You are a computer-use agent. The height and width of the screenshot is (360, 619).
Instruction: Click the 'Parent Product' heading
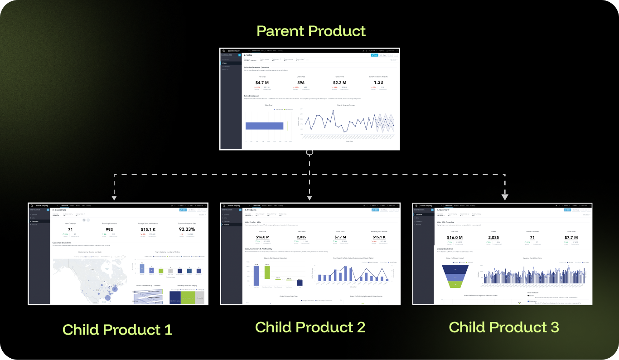[x=311, y=31]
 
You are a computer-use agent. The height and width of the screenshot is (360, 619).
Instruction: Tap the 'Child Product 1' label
[x=117, y=329]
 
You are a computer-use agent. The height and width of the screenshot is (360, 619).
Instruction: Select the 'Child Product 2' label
[x=310, y=327]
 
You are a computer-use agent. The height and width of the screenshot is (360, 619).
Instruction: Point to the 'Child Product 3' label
[x=503, y=327]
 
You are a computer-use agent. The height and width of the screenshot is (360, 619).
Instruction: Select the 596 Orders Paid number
[x=301, y=83]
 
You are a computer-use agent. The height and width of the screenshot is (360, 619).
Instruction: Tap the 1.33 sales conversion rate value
[x=378, y=83]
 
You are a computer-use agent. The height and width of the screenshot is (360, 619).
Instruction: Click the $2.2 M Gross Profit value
[x=339, y=83]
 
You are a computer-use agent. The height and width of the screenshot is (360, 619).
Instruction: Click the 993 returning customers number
[x=109, y=230]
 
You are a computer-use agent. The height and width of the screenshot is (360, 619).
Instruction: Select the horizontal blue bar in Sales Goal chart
[x=265, y=126]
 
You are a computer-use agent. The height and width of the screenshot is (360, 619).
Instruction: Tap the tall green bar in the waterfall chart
[x=267, y=272]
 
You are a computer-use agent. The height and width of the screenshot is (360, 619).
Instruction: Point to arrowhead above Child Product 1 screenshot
[x=114, y=198]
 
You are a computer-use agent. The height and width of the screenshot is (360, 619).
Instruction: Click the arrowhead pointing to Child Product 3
[x=505, y=197]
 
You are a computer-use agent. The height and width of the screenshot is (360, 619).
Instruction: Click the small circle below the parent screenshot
[x=309, y=153]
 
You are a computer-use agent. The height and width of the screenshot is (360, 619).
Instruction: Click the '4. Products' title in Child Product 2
[x=251, y=210]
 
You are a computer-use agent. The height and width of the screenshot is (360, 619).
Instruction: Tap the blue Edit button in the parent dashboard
[x=374, y=55]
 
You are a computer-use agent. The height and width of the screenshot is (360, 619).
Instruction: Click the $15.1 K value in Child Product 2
[x=379, y=237]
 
